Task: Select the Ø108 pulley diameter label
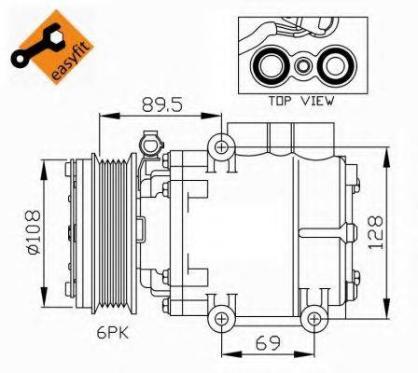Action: (29, 237)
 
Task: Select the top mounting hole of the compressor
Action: (221, 145)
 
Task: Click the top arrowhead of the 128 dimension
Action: (384, 152)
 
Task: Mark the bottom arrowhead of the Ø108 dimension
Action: (44, 309)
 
